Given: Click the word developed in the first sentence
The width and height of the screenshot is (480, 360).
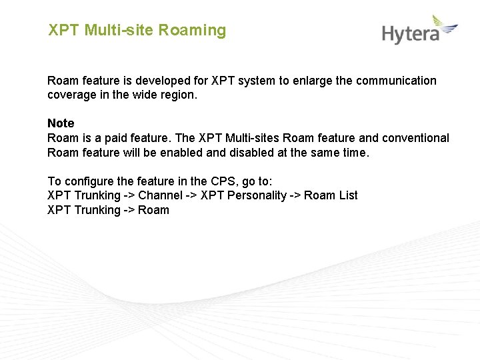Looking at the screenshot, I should tap(159, 81).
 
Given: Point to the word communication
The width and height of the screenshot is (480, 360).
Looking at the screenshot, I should tap(396, 81).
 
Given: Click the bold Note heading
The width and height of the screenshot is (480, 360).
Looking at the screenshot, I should tap(61, 123).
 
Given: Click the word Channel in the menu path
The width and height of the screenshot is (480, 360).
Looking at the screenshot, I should tap(160, 195).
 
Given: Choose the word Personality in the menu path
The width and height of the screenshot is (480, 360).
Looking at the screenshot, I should tap(257, 195).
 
